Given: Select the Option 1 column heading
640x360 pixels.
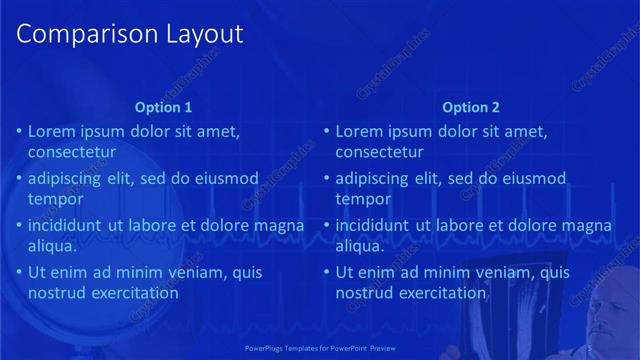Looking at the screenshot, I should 163,107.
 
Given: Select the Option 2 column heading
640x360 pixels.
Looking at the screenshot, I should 471,107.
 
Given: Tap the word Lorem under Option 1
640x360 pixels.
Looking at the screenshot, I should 51,131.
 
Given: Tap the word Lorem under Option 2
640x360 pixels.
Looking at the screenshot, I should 359,131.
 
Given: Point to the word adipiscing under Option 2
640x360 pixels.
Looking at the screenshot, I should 373,179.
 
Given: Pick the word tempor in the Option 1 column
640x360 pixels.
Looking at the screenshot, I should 55,199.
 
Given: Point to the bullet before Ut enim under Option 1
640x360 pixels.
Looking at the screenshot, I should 18,272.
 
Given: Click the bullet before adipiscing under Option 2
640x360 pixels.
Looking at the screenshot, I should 326,179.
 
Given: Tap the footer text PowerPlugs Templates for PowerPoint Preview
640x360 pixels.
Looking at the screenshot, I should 320,348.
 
